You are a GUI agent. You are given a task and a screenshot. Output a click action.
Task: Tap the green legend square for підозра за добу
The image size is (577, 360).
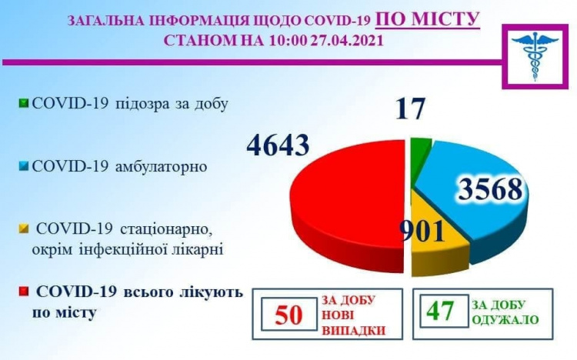pyautogui.click(x=25, y=103)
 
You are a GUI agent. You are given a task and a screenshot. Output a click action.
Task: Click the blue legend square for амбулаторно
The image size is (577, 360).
pyautogui.click(x=25, y=165)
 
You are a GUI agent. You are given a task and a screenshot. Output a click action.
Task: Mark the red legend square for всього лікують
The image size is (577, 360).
pyautogui.click(x=25, y=292)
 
